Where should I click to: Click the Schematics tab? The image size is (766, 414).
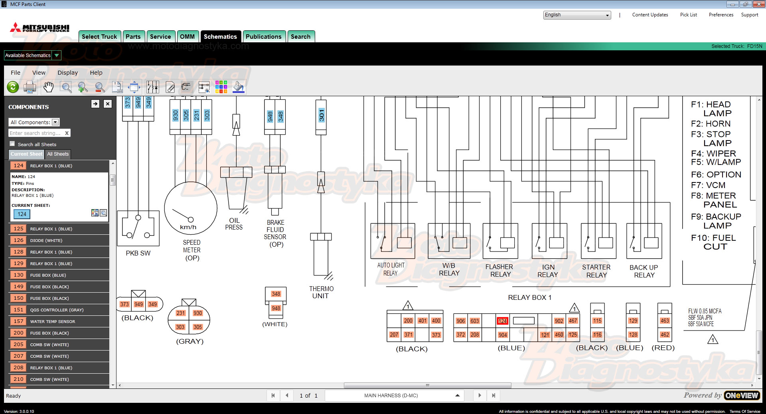[220, 36]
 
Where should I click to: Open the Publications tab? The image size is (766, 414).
[263, 36]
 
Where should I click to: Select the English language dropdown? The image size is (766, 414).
[577, 15]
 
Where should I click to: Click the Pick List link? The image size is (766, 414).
[688, 15]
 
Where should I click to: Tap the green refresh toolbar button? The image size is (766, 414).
[13, 87]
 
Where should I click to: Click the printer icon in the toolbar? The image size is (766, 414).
[30, 87]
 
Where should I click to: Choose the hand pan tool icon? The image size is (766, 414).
[48, 87]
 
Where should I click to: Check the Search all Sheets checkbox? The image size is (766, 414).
[12, 144]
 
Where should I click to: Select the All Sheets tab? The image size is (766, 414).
[58, 154]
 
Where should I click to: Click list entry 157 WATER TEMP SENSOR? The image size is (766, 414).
[59, 321]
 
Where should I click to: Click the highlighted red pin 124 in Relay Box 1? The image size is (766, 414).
[502, 321]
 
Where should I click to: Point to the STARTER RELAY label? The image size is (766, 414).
[596, 271]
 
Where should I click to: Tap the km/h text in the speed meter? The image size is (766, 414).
[188, 227]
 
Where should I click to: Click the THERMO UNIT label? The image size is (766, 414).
[321, 292]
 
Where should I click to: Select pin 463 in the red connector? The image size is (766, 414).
[665, 321]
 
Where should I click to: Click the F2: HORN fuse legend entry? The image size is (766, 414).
[711, 124]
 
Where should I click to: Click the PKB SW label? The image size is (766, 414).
[138, 253]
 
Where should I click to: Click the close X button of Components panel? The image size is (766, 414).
[108, 104]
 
